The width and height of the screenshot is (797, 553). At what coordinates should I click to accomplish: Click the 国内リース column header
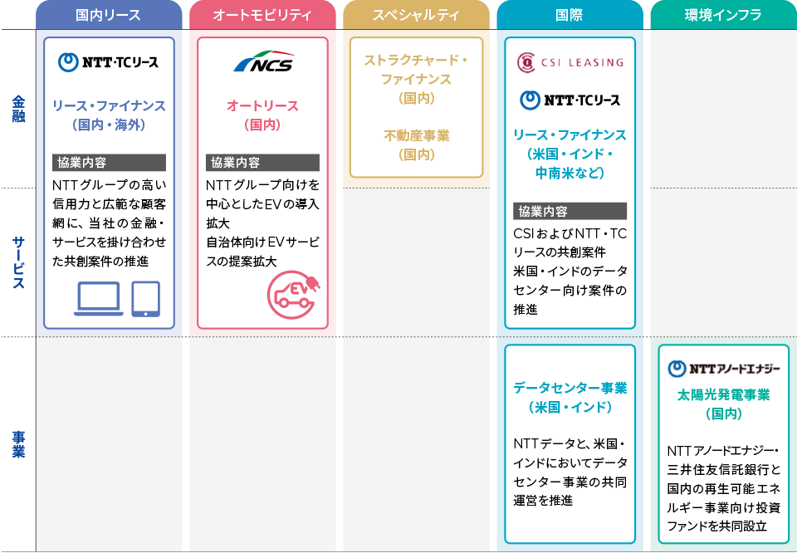109,15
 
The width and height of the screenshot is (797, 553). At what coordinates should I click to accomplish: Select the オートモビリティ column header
262,15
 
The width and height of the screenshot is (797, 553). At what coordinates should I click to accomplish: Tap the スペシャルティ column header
416,15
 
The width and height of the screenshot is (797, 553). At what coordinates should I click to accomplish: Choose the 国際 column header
570,15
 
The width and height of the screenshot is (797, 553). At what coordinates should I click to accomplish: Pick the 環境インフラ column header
723,15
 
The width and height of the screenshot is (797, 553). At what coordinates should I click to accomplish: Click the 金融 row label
19,109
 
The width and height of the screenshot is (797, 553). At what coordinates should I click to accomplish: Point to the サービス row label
19,262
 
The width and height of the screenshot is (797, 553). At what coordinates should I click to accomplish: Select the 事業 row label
19,444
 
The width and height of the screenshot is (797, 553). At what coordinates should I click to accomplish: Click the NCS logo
264,61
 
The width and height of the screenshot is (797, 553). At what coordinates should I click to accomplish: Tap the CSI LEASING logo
570,62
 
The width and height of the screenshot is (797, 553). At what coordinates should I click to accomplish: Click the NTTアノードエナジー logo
723,369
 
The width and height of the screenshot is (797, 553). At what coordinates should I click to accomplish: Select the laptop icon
99,299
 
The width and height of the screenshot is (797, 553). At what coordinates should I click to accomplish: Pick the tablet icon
146,299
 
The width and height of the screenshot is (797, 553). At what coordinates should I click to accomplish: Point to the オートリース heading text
262,105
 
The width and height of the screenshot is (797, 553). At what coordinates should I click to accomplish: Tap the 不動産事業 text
416,135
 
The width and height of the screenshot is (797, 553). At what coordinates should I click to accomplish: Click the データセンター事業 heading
570,388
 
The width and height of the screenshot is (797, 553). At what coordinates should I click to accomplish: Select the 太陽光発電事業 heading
723,394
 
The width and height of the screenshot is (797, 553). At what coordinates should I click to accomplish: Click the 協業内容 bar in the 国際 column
570,211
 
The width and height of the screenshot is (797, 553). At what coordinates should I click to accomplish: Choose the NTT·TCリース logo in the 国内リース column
108,62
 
